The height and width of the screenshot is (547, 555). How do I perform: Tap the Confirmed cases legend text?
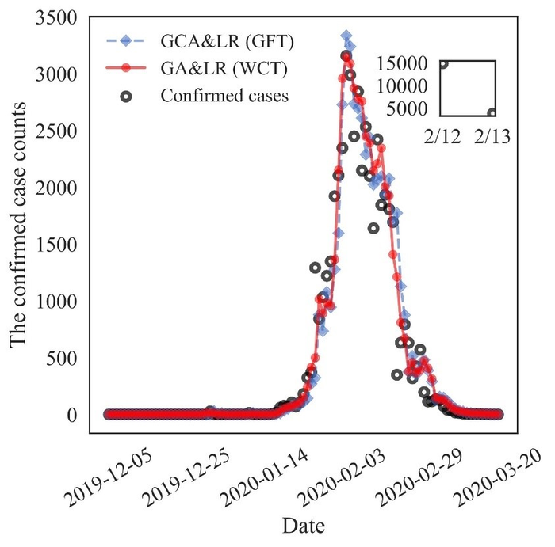(x=224, y=97)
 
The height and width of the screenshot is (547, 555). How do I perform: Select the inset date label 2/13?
(x=492, y=138)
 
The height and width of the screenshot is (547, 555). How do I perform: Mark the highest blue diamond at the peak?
(x=346, y=36)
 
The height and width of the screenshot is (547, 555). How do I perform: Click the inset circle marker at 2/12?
(x=443, y=65)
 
